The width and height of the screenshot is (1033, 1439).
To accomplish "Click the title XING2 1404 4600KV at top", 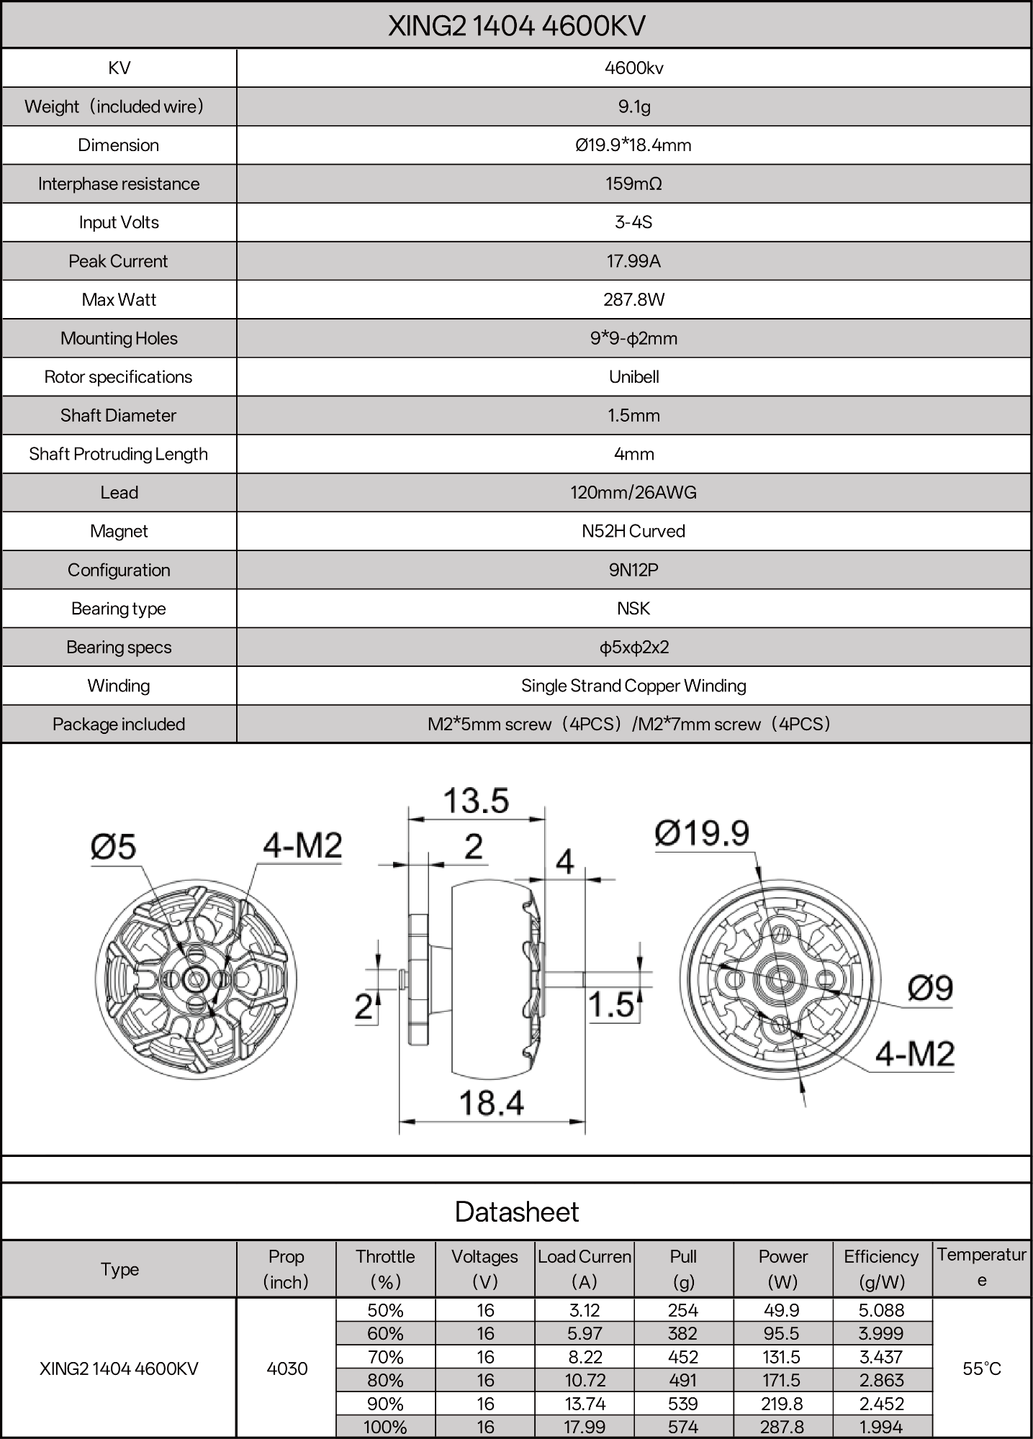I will coord(516,26).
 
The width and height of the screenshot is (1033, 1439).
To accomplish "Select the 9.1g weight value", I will coord(633,106).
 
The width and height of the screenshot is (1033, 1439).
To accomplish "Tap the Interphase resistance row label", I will coord(119,183).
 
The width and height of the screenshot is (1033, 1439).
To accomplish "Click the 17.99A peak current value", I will coord(633,261).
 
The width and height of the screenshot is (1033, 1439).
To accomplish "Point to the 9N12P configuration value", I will coord(633,570).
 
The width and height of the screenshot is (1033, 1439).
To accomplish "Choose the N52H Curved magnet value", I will coord(633,531).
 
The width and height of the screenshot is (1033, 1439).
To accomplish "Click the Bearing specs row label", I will coord(119,647).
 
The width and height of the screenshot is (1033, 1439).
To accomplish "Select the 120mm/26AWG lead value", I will coord(633,493).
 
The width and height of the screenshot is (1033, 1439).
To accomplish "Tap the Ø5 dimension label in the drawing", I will coord(114,847).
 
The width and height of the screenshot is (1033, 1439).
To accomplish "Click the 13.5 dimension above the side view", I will coord(476,801).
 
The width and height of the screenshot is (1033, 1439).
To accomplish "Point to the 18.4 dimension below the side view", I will coord(492,1102).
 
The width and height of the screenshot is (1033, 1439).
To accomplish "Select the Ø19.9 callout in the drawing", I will coord(702,833).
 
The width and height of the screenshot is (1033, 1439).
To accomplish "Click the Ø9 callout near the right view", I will coord(930,988).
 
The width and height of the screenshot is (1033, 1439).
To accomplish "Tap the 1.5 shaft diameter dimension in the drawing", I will coord(611,1005).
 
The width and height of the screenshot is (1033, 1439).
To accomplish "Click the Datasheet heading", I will coord(516,1212).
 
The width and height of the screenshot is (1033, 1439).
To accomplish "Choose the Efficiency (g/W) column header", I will coord(881,1268).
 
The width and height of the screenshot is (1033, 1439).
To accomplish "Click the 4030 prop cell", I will coord(287,1368).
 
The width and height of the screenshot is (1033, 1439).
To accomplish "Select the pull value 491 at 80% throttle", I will coord(682,1380).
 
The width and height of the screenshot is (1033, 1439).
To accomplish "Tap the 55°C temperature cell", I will coord(982,1368).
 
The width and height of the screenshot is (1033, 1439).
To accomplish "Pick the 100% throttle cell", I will coord(386,1426).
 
